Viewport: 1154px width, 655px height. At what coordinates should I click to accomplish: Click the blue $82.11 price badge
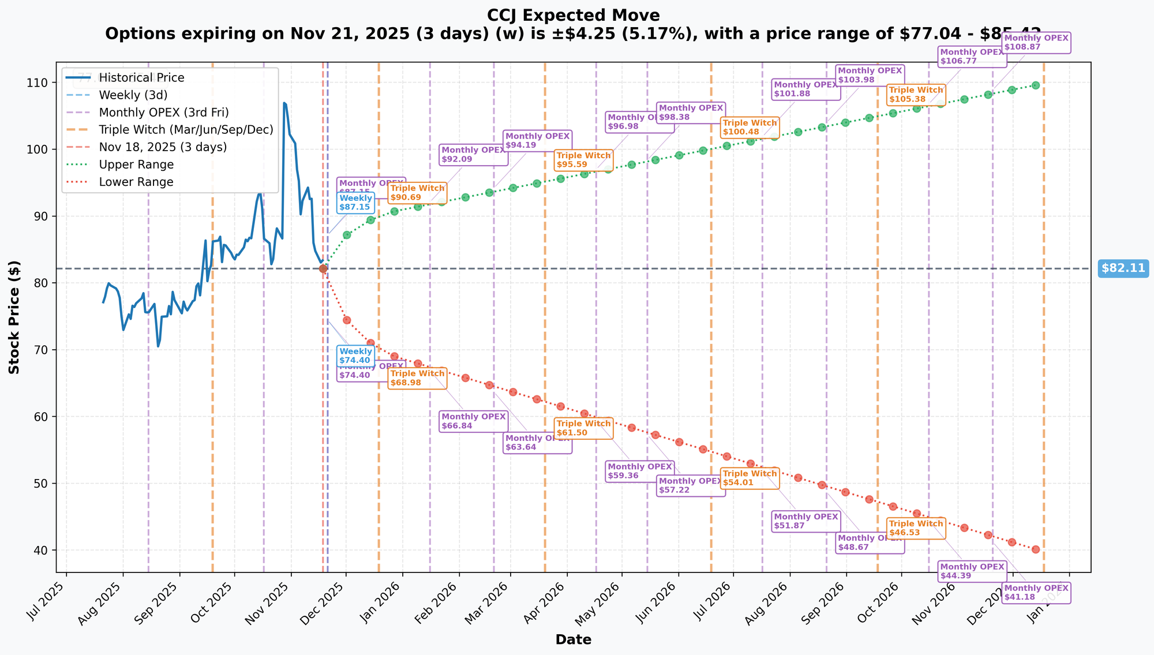pos(1123,268)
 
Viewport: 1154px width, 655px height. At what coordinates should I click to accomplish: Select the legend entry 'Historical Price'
pos(141,78)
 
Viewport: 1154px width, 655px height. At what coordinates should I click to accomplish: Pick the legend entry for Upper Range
pos(136,164)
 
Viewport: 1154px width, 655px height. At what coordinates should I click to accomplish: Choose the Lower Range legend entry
pos(136,182)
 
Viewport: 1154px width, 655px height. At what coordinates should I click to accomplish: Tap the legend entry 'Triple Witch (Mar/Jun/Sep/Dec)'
pos(186,130)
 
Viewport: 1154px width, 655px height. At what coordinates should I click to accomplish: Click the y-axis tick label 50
pos(47,484)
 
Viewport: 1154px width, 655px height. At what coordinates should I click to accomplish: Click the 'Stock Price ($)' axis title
pos(14,317)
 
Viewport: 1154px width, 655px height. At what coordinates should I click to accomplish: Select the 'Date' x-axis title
pos(573,639)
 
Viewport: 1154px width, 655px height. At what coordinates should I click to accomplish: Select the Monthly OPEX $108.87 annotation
pos(1036,42)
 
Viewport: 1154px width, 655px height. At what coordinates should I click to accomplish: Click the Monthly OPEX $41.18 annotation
pos(1036,593)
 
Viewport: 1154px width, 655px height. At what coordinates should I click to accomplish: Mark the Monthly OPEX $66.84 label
pos(474,421)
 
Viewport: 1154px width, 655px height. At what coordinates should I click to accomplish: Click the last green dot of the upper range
pos(1035,85)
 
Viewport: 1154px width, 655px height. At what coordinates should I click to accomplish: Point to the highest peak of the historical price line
pos(284,103)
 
